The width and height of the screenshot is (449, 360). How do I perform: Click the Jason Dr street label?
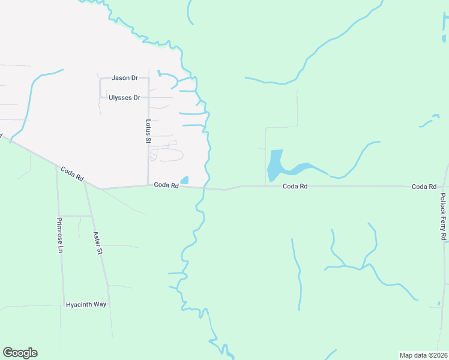[x=125, y=78]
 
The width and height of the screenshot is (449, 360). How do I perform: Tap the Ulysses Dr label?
[x=124, y=97]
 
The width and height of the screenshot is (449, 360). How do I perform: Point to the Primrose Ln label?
[x=60, y=235]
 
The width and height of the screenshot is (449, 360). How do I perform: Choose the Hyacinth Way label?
[x=86, y=304]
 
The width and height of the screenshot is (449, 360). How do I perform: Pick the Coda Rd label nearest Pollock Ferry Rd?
[x=424, y=187]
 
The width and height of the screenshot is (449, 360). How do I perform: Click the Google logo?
[x=20, y=353]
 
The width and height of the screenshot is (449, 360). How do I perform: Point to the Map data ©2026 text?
[x=423, y=355]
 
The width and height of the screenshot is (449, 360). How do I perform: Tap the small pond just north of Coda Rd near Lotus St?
[x=184, y=180]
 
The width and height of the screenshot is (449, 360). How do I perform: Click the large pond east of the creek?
[x=275, y=164]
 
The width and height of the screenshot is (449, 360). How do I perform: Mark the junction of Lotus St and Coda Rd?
[x=148, y=185]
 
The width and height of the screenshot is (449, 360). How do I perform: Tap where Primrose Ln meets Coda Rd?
[x=56, y=166]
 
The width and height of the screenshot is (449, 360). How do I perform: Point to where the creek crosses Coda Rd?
[x=204, y=188]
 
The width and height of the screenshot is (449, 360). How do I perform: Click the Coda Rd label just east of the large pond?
[x=295, y=187]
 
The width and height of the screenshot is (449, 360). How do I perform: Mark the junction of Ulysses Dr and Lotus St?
[x=148, y=97]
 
